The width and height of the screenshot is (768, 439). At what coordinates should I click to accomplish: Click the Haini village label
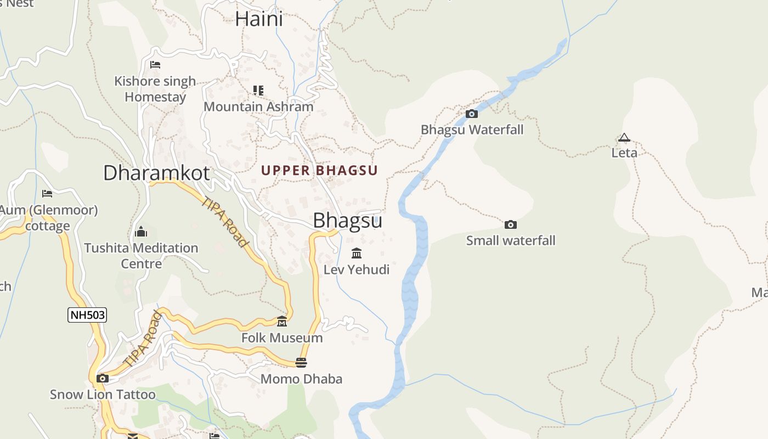(x=259, y=19)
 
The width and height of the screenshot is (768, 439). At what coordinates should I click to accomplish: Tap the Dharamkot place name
(x=156, y=173)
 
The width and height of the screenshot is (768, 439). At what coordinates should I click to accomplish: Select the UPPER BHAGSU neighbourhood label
(x=319, y=171)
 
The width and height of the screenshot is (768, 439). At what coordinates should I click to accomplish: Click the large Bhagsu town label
(x=347, y=221)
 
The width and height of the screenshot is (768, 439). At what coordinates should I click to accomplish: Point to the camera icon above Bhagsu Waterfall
(x=471, y=114)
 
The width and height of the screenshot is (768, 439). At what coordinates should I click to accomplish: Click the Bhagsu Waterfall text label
(x=472, y=130)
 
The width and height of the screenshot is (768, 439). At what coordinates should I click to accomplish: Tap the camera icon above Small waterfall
(x=510, y=225)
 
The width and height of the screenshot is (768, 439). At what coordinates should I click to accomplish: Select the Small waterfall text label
(x=510, y=241)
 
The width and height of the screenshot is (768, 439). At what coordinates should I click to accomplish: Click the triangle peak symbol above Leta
(x=624, y=138)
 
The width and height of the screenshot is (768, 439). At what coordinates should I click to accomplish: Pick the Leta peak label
(x=624, y=153)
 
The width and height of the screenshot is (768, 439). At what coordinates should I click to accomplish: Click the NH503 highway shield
(x=87, y=315)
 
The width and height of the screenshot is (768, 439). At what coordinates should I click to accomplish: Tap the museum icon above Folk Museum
(x=282, y=322)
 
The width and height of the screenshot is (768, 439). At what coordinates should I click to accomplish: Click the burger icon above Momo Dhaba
(x=301, y=363)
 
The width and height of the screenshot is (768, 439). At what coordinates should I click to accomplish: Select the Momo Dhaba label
(x=301, y=379)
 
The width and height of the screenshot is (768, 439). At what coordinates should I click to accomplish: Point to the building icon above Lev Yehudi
(x=357, y=254)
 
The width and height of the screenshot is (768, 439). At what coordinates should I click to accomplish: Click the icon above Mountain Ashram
(x=258, y=91)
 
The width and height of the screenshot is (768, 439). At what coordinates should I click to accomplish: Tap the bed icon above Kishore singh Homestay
(x=155, y=65)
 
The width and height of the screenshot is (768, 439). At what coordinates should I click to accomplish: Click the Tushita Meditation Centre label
(x=141, y=256)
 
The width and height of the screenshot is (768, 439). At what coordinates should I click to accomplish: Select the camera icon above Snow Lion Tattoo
(x=103, y=379)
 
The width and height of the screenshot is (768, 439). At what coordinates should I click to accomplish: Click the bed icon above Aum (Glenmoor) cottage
(x=47, y=194)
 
